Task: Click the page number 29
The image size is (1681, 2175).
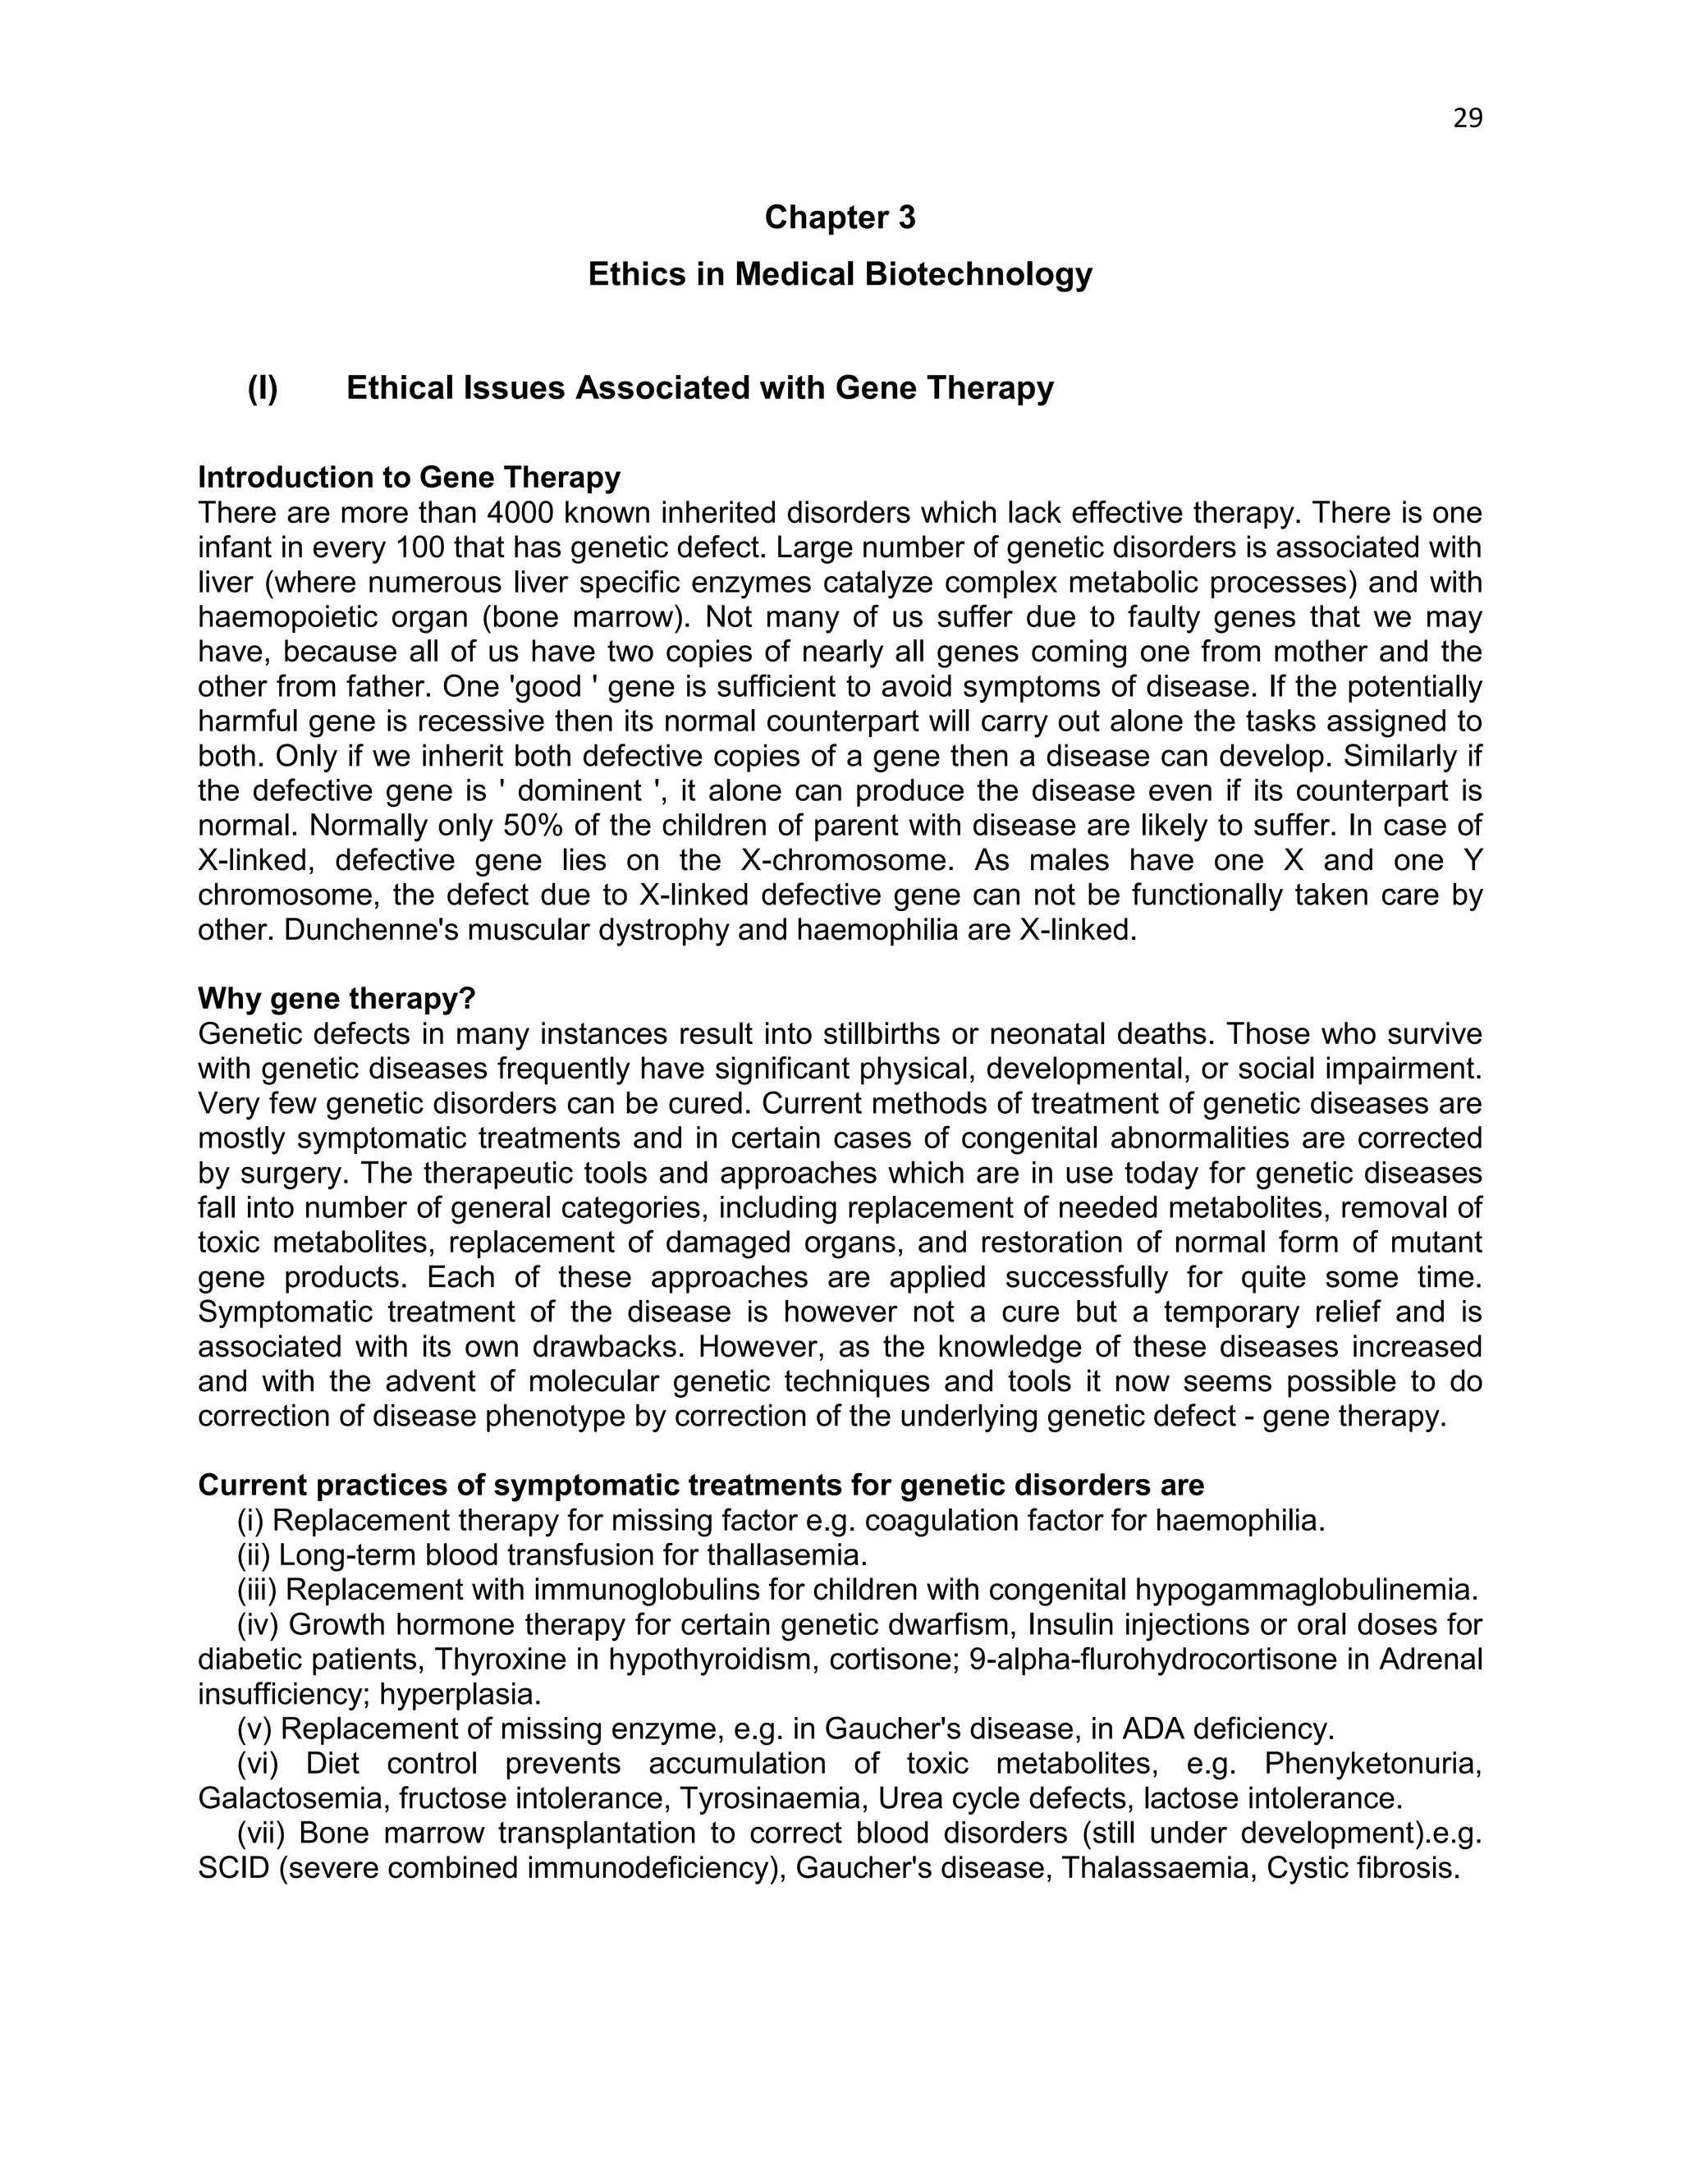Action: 1467,118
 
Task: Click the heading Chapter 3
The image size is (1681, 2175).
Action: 840,217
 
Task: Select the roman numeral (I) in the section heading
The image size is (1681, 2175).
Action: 263,388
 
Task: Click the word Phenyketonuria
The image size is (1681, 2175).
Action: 1372,1764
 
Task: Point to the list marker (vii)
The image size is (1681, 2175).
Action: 262,1833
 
